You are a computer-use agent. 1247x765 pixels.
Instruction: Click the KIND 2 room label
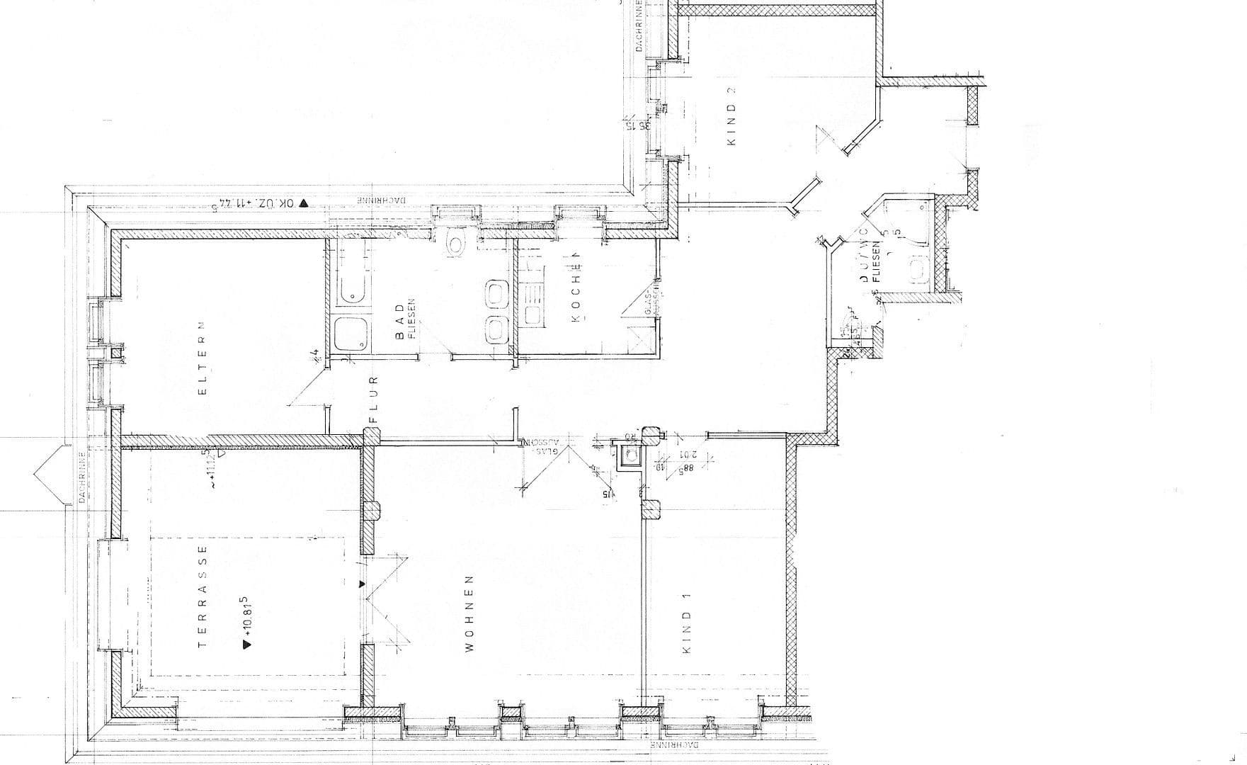[731, 116]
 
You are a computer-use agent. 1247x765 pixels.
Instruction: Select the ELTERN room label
[202, 358]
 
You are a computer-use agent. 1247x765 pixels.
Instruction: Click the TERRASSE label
[203, 596]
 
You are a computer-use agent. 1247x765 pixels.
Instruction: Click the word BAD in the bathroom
[400, 321]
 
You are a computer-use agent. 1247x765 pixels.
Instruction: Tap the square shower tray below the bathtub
[351, 334]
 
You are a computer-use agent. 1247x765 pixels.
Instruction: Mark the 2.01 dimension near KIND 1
[685, 455]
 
